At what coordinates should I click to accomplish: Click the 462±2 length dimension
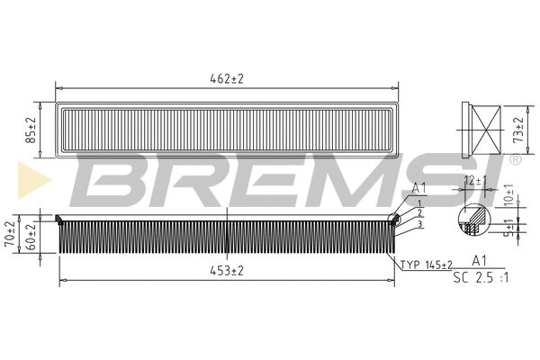(227, 79)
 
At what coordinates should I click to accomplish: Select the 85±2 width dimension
(31, 130)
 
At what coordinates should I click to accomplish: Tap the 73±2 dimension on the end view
(518, 130)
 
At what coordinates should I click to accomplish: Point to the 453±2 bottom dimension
(227, 271)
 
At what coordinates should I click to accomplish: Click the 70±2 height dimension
(10, 234)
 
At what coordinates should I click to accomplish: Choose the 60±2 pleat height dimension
(31, 237)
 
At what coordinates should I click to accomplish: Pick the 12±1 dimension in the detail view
(475, 180)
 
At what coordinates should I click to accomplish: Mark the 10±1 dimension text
(508, 195)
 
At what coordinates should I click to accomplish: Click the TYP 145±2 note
(427, 265)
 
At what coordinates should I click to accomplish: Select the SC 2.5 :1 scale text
(481, 277)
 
